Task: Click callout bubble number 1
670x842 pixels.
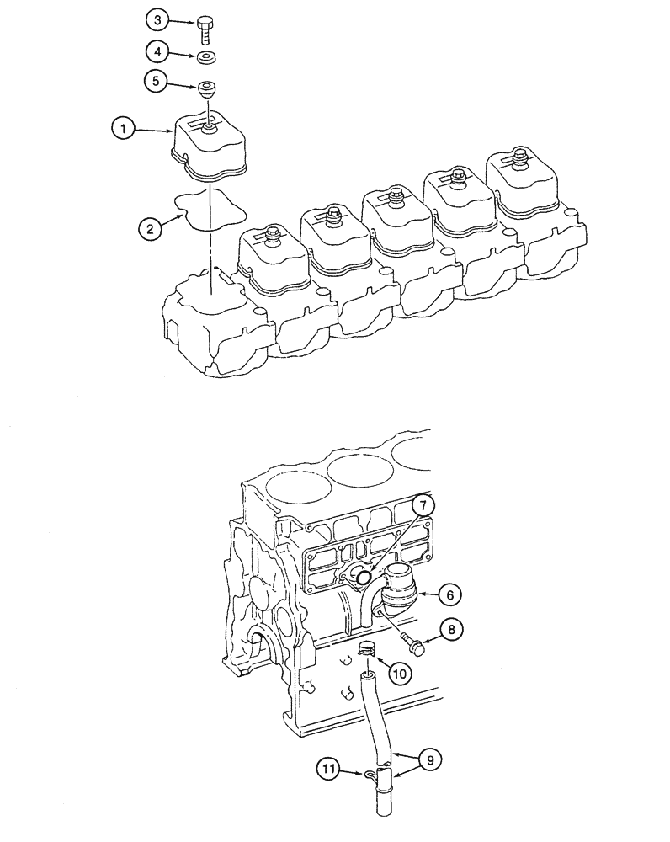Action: coord(124,129)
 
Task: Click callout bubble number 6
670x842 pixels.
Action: coord(449,594)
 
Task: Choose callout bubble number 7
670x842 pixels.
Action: coord(423,505)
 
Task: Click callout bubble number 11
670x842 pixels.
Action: coord(329,768)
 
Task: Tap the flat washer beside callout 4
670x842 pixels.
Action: coord(207,57)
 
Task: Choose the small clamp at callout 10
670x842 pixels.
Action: coord(367,649)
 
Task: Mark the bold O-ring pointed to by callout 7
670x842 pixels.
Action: coord(363,577)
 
